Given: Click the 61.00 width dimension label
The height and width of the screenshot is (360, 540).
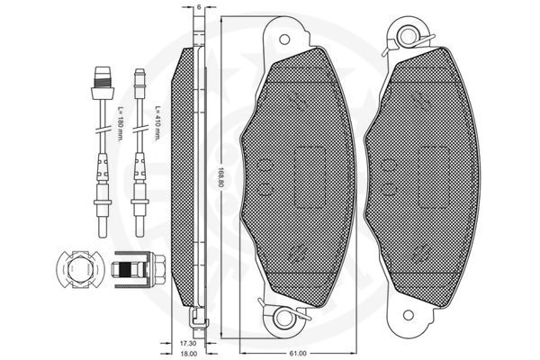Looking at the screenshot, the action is click(298, 353).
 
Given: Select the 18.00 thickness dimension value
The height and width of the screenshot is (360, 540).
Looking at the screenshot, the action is click(188, 354).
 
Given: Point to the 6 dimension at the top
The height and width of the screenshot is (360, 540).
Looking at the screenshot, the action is click(199, 7).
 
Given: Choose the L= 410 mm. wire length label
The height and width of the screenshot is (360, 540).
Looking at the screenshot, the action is click(157, 123).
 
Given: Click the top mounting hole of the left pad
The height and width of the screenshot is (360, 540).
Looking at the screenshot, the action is click(284, 40).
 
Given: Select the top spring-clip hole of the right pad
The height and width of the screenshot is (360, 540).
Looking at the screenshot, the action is click(409, 36).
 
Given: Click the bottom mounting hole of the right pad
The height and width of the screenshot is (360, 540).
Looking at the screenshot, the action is click(409, 315).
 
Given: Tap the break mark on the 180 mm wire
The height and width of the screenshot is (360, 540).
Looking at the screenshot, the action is click(103, 131).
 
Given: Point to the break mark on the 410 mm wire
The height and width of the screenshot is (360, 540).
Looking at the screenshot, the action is click(139, 131).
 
